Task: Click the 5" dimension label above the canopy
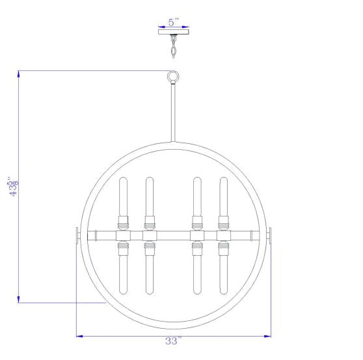[174, 22]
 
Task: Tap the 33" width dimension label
[174, 340]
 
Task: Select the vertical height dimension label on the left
[14, 187]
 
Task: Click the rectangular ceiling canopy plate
[174, 32]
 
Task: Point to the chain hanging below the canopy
[174, 46]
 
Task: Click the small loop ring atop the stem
[173, 77]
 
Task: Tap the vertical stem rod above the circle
[173, 113]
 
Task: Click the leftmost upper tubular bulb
[123, 197]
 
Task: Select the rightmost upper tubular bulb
[224, 197]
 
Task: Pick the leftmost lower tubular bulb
[123, 275]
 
